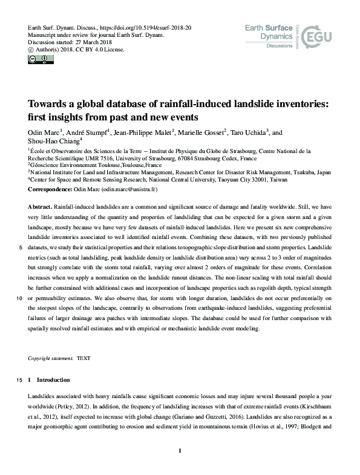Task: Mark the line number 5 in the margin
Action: coord(21,247)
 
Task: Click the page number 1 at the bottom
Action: coord(180,450)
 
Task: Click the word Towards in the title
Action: coord(49,104)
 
